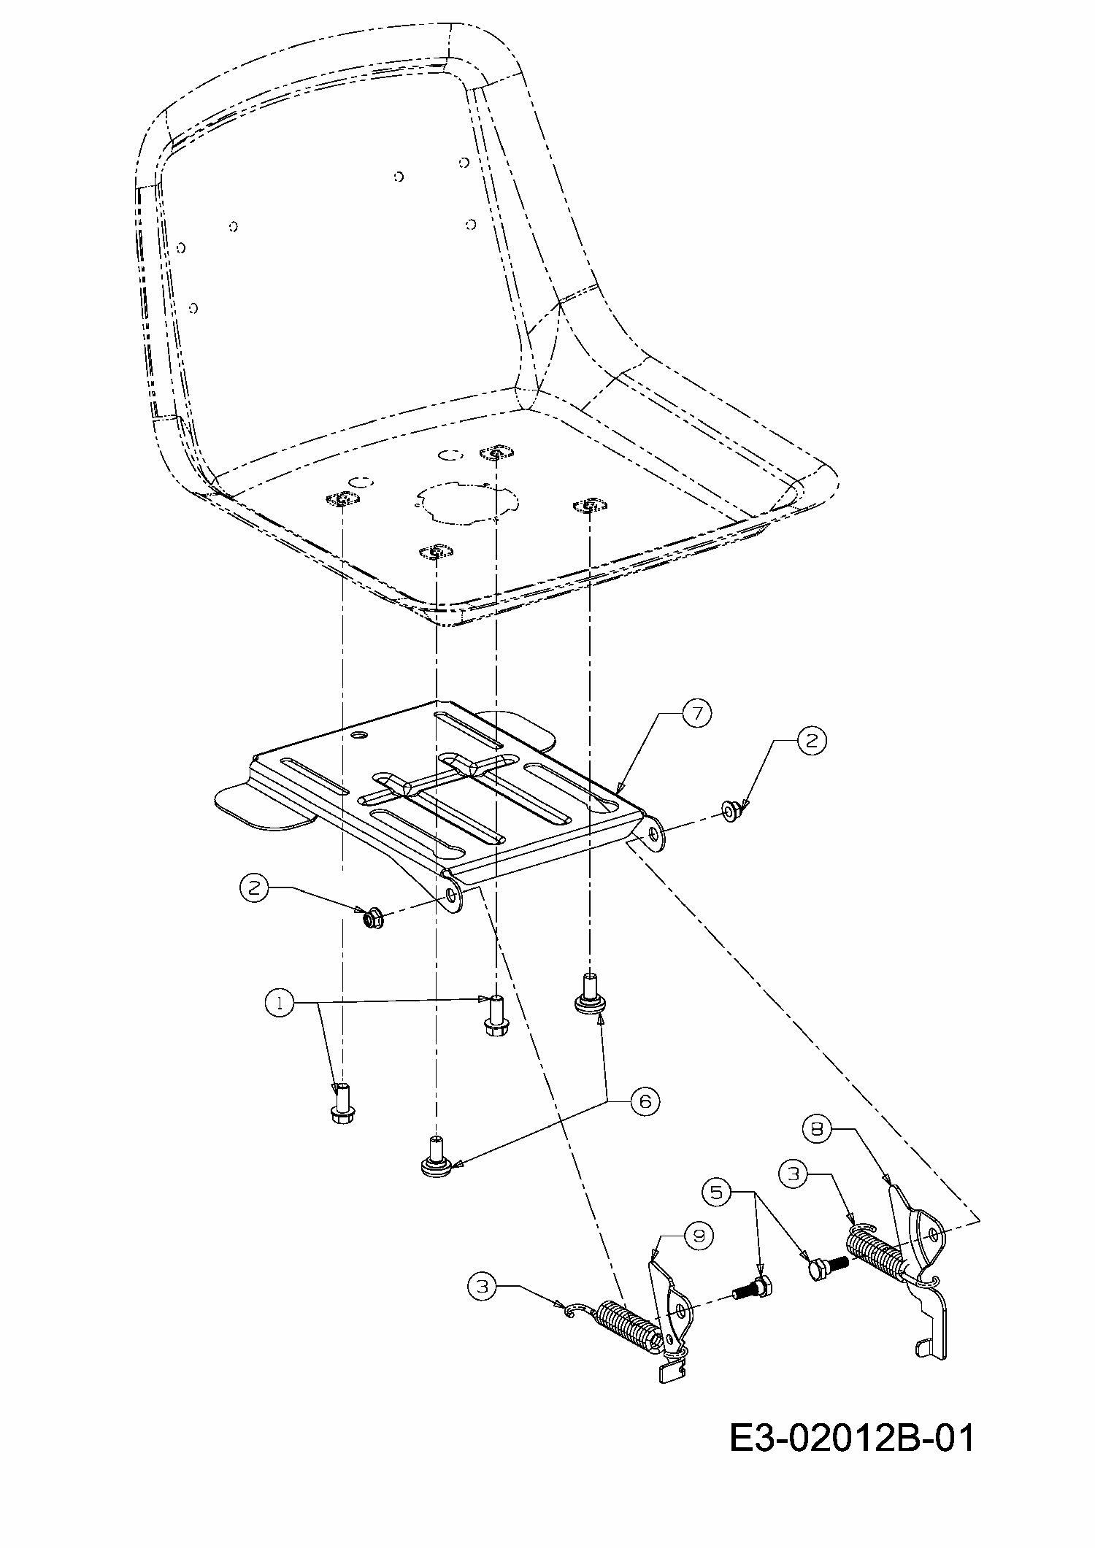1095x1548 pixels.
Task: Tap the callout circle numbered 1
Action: (x=278, y=1004)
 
